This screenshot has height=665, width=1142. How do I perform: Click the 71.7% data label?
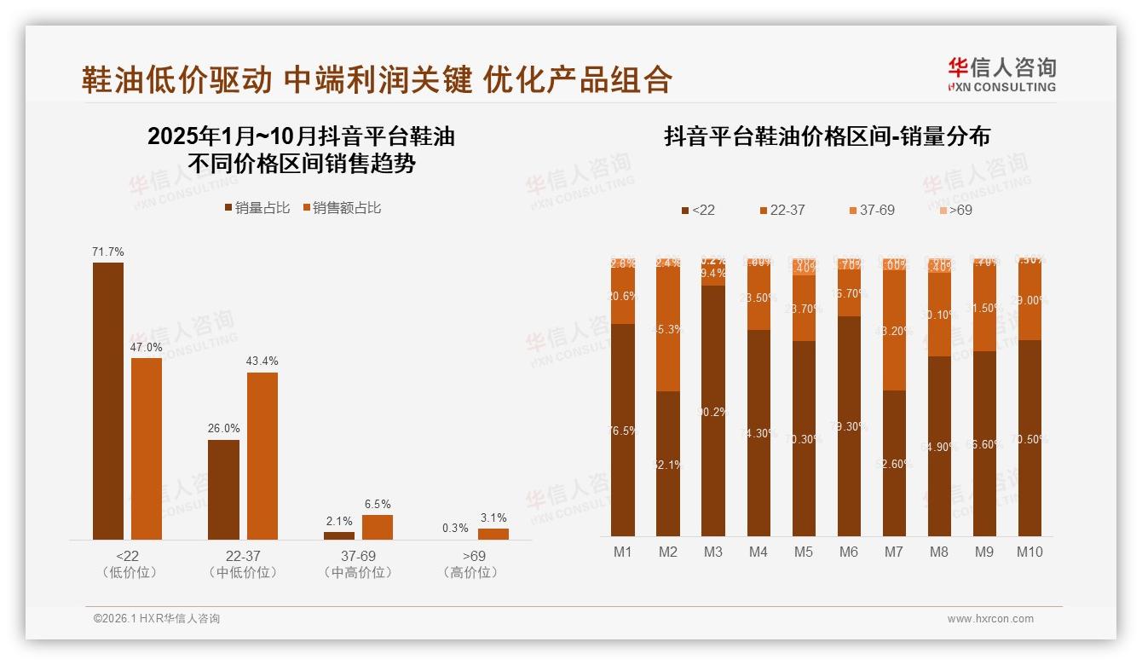(108, 252)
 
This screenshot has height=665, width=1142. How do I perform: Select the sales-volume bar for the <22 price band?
(108, 401)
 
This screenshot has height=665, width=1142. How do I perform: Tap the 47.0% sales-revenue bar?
(147, 448)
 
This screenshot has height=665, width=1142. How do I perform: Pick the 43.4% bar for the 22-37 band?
(262, 456)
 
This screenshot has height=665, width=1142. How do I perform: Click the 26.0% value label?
(223, 428)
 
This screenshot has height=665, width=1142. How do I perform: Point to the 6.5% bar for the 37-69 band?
(378, 527)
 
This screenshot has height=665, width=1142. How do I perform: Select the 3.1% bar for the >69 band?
(493, 534)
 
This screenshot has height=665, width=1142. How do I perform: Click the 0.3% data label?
(455, 528)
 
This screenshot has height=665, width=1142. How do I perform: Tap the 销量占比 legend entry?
(257, 208)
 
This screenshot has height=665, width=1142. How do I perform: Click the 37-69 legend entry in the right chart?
(872, 210)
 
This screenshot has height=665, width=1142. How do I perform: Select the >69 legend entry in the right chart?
(955, 210)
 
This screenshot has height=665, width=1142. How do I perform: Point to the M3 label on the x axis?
(713, 552)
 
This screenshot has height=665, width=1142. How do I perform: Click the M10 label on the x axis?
(1030, 552)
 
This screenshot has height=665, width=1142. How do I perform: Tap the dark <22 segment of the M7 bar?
(894, 463)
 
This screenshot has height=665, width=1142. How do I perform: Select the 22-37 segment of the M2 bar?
(668, 329)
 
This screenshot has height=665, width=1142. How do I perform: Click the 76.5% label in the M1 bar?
(623, 431)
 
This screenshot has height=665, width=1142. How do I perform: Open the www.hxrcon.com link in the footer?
(990, 619)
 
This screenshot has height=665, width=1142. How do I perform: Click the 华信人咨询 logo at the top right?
(1001, 74)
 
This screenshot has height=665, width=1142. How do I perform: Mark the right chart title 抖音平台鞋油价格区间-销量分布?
(827, 137)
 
